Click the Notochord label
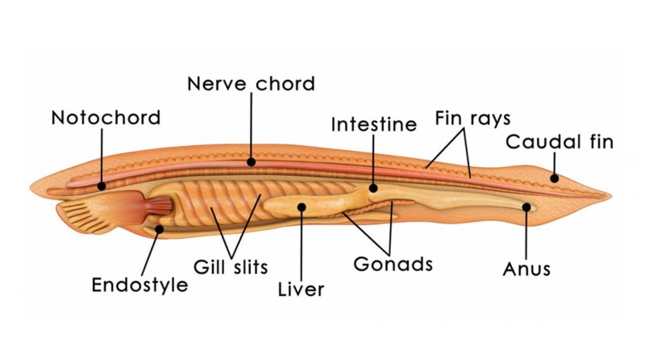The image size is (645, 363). pyautogui.click(x=106, y=118)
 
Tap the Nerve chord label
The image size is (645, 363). pyautogui.click(x=250, y=83)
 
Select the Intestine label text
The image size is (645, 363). pyautogui.click(x=374, y=125)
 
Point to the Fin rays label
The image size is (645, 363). pyautogui.click(x=472, y=118)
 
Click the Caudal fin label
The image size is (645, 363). pyautogui.click(x=560, y=143)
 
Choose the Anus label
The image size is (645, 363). pyautogui.click(x=526, y=269)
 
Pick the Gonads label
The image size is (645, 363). pyautogui.click(x=393, y=264)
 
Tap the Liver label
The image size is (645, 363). pyautogui.click(x=301, y=289)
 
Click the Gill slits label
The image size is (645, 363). pyautogui.click(x=231, y=266)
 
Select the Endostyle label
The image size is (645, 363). pyautogui.click(x=139, y=285)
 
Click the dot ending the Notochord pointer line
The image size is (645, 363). pyautogui.click(x=102, y=186)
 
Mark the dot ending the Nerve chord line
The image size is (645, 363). pyautogui.click(x=251, y=161)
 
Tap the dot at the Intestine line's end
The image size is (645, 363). pyautogui.click(x=373, y=190)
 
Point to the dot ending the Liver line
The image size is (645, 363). pyautogui.click(x=301, y=207)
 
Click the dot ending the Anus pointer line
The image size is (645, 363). pyautogui.click(x=526, y=207)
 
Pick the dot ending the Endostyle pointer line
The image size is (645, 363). pyautogui.click(x=160, y=229)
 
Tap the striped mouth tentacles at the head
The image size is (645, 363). pyautogui.click(x=78, y=212)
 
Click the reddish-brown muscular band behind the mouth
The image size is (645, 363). pyautogui.click(x=158, y=207)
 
